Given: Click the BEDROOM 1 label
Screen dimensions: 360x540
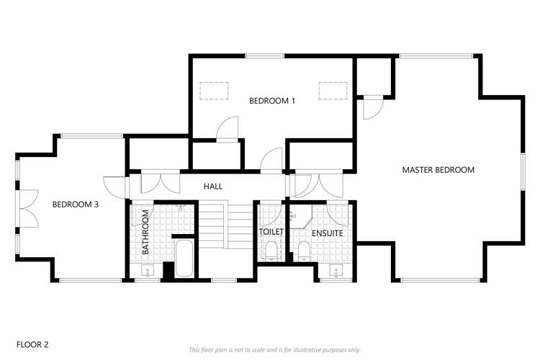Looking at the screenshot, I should click(x=272, y=101).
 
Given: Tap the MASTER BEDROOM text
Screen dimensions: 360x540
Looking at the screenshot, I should click(x=438, y=170).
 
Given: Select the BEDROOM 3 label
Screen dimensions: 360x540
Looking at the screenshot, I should click(x=76, y=204).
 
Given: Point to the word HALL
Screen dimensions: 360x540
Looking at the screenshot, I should click(x=212, y=186).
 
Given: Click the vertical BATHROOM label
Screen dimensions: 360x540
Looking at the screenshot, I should click(x=145, y=232).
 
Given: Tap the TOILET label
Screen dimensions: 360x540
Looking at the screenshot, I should click(x=271, y=232).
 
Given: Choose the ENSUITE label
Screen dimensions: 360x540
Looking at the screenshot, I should click(x=326, y=233).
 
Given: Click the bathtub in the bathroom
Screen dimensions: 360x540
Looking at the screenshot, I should click(x=184, y=258).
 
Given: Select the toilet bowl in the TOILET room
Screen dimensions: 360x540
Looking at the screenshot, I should click(x=271, y=251).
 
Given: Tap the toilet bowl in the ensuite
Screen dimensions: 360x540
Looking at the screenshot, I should click(x=303, y=251).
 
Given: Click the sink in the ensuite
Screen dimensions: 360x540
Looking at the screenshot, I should click(x=335, y=271).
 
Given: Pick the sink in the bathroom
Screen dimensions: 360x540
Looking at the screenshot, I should click(x=148, y=271).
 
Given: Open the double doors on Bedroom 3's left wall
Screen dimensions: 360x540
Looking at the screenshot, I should click(x=26, y=204).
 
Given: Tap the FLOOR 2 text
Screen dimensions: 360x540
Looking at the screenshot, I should click(x=32, y=345).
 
